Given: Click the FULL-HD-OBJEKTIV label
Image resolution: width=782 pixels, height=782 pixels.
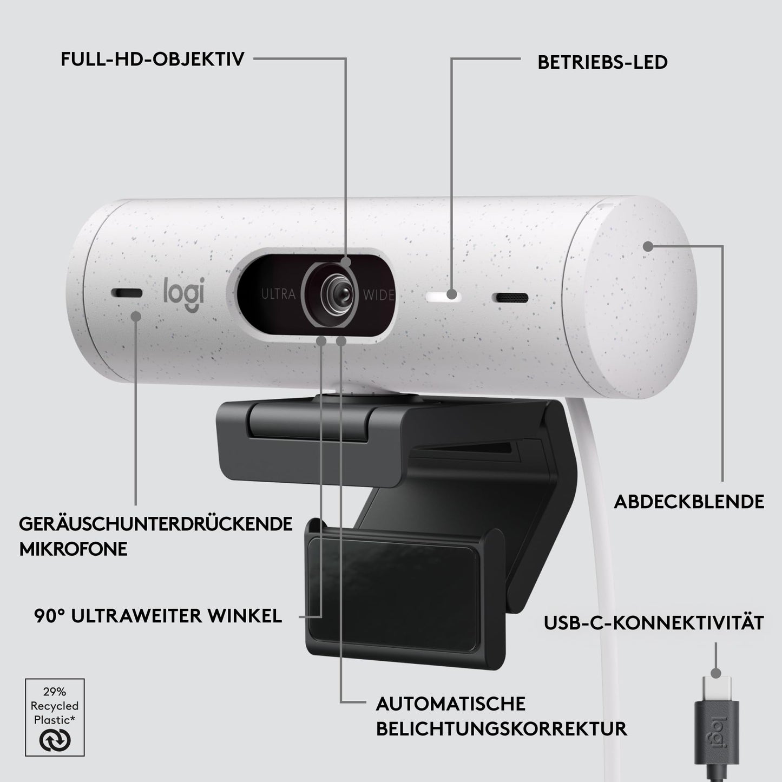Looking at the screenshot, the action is coord(153,59).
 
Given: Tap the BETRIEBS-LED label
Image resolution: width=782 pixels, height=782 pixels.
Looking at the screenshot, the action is coord(603,62).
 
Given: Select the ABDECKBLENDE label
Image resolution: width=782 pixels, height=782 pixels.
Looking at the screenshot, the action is coord(689,502).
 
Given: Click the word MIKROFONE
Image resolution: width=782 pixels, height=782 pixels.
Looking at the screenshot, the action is coord(73,549).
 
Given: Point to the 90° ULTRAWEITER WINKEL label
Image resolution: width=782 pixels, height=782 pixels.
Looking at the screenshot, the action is coord(158,616).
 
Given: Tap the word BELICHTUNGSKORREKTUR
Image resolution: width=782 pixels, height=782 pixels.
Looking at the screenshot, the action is coord(501,729).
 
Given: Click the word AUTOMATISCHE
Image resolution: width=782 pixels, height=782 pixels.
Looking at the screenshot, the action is coord(450,704).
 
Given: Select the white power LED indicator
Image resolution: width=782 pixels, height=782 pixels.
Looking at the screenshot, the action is coord(444,296).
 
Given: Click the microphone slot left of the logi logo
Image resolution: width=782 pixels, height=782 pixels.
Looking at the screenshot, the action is coord(127,293).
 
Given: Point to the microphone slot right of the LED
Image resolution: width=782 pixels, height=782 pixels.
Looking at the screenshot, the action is coord(510,298).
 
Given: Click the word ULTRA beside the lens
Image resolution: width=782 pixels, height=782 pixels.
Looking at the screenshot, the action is coord(278,294).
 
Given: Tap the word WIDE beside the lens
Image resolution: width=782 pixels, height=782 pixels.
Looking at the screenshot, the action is coord(379,294).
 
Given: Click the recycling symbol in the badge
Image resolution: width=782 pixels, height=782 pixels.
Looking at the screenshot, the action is coord(55,740).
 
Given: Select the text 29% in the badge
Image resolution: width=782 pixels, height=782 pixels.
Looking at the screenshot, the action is coord(55,692).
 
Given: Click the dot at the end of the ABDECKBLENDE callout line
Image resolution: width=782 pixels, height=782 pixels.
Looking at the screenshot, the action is coord(648,246).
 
